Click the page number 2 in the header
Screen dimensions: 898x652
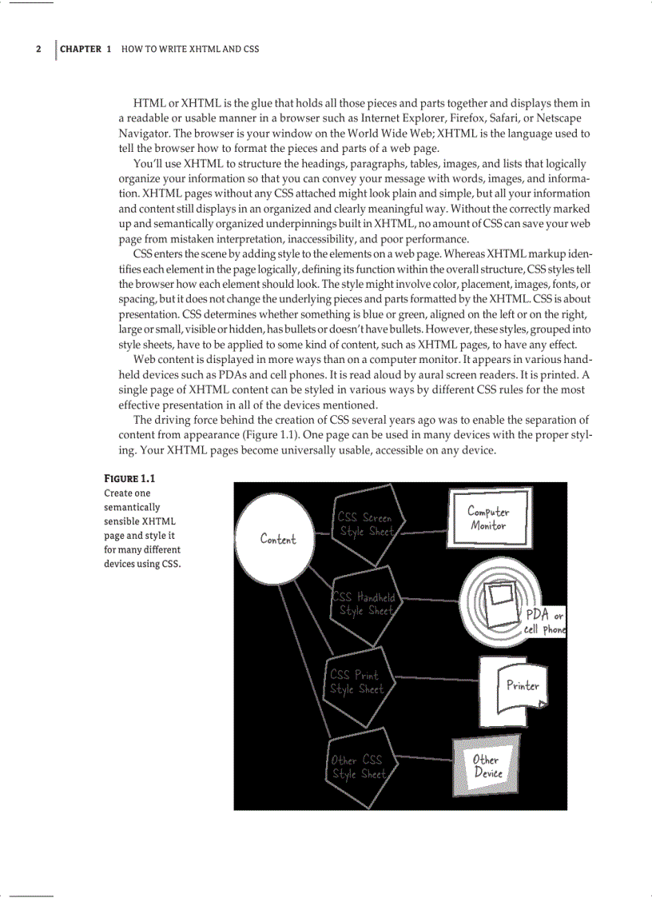(38, 49)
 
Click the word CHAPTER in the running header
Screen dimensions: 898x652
(81, 49)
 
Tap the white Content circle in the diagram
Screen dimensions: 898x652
(277, 539)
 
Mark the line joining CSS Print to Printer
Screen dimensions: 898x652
(435, 680)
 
